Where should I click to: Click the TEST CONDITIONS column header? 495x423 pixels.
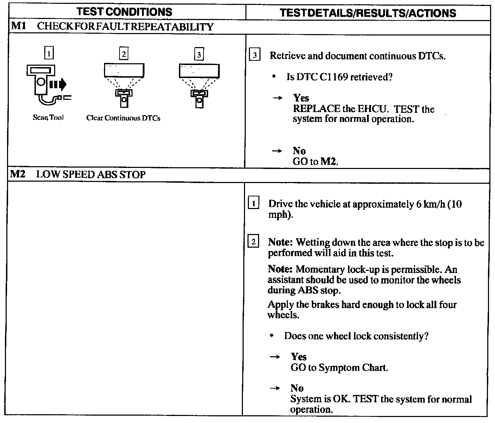tap(124, 12)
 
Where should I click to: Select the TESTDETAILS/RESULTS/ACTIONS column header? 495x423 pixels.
tap(368, 13)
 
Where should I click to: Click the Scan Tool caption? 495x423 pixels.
tap(48, 118)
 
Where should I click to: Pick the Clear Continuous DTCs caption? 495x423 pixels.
tap(123, 118)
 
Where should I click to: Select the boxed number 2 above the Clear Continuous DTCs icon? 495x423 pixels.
tap(123, 54)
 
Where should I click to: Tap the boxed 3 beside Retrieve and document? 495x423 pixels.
tap(255, 56)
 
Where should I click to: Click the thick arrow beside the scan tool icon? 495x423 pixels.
tap(58, 84)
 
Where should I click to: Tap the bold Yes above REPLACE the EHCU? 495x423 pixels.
tap(301, 98)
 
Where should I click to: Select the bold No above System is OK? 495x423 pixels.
tap(297, 388)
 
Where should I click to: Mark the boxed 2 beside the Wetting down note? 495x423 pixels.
tap(253, 242)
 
